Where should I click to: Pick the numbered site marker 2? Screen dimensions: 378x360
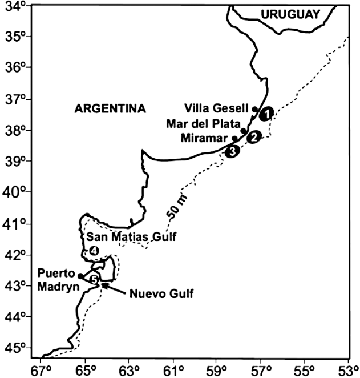pyautogui.click(x=254, y=136)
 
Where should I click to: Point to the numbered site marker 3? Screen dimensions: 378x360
pyautogui.click(x=232, y=151)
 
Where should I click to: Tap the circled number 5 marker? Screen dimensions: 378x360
pyautogui.click(x=95, y=279)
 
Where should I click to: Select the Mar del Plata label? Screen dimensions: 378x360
pyautogui.click(x=202, y=123)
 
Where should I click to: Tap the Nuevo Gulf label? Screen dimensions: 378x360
pyautogui.click(x=161, y=295)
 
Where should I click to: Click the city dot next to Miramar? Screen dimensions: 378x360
pyautogui.click(x=234, y=138)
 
